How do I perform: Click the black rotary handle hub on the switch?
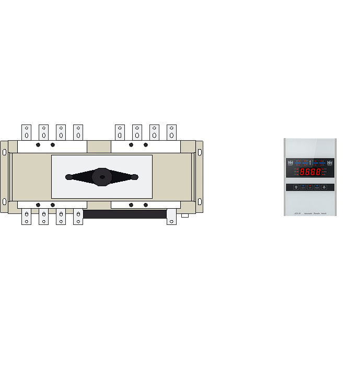point(101,177)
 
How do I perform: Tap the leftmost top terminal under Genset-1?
point(26,131)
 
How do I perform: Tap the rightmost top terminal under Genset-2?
point(171,131)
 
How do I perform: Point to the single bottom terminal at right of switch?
point(171,216)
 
